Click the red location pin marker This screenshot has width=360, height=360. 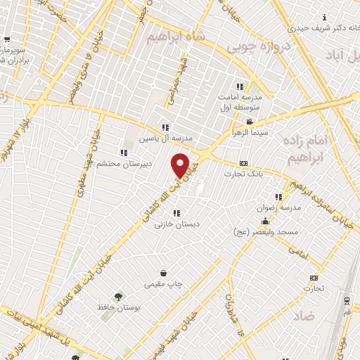coord(181,165)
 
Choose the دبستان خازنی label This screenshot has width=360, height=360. coord(176,224)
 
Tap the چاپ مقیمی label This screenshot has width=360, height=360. coord(163,284)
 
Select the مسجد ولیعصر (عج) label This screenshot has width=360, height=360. coord(268,231)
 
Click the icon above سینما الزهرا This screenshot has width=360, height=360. coord(250,122)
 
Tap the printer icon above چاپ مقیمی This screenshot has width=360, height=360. coord(163,273)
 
